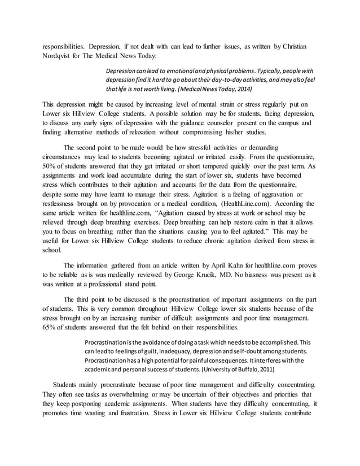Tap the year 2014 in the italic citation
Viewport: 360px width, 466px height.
pos(242,89)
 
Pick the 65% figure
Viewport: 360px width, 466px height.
pos(50,327)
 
